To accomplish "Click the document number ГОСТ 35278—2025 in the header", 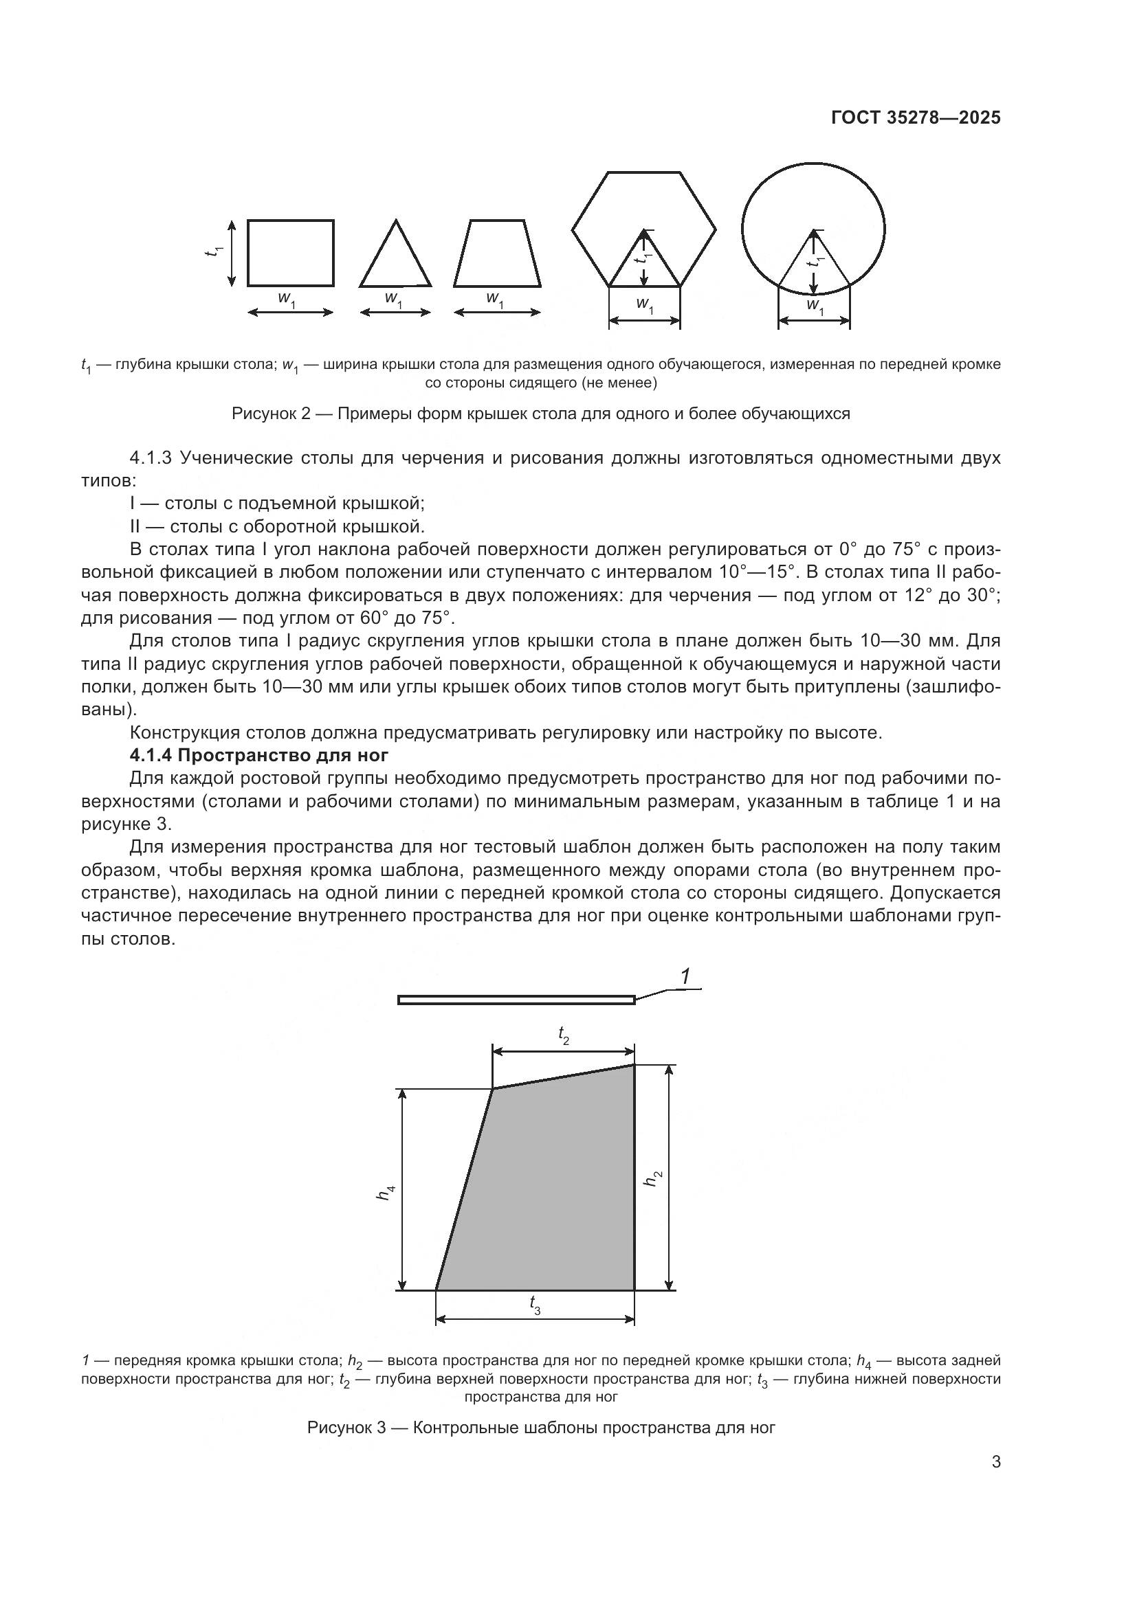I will (x=916, y=117).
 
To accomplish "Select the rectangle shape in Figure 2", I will (x=291, y=253).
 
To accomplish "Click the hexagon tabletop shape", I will (x=644, y=203).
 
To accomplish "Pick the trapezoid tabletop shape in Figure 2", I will (x=497, y=254).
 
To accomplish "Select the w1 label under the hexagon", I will (x=645, y=305).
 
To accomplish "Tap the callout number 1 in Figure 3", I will (x=685, y=977).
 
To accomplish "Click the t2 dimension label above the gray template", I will (x=564, y=1035).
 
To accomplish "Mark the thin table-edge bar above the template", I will (x=516, y=1000).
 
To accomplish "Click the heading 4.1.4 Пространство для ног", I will (x=259, y=755).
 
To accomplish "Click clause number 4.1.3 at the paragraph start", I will (x=150, y=458).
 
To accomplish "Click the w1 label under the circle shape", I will (x=814, y=305).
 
